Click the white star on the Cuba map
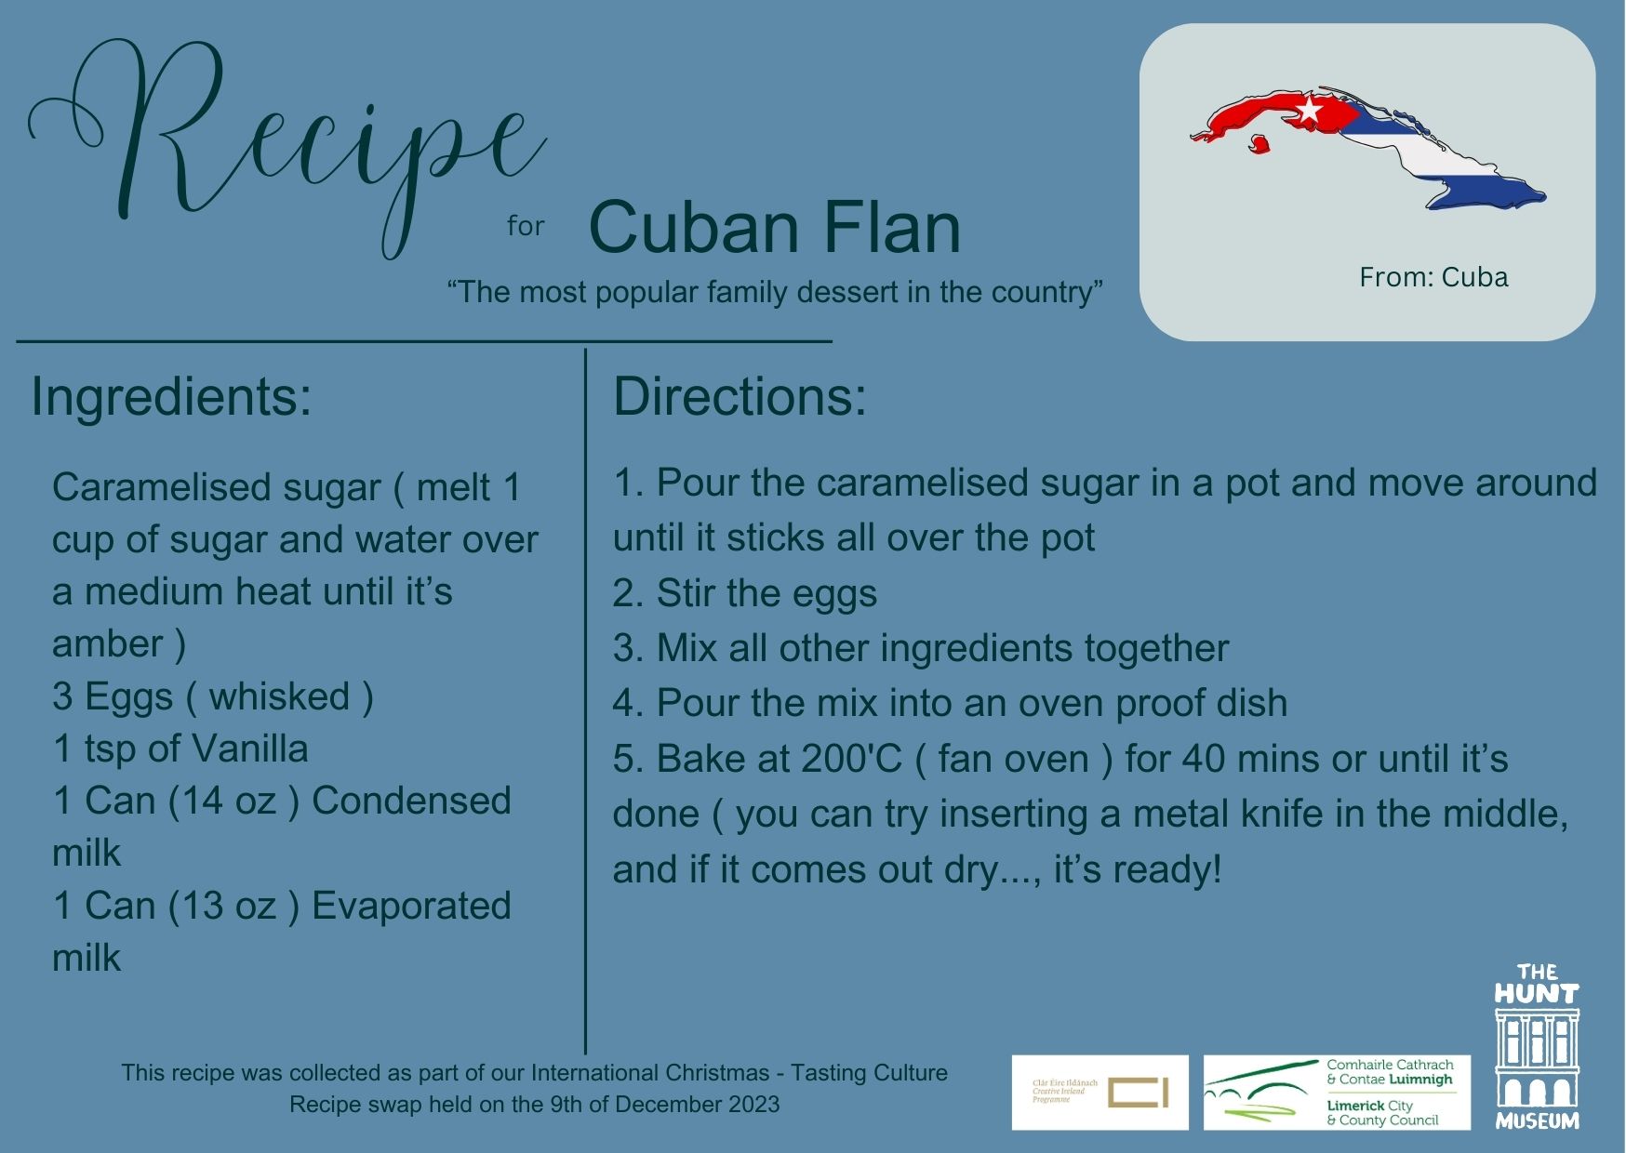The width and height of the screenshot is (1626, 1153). (1309, 111)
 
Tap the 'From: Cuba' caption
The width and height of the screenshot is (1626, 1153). (1433, 277)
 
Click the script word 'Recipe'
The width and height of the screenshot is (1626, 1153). (288, 144)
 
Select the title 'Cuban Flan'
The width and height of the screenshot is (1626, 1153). (775, 228)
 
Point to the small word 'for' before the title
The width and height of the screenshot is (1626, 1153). (526, 226)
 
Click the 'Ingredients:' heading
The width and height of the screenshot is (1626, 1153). (171, 397)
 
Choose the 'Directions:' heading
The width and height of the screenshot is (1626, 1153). (740, 397)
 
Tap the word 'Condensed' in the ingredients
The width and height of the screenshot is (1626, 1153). (411, 802)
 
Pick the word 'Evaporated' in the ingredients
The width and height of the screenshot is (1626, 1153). (411, 907)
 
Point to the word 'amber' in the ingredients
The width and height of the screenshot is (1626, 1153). (108, 644)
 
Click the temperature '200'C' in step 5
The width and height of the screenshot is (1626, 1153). (851, 760)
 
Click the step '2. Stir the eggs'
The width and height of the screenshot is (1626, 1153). (744, 594)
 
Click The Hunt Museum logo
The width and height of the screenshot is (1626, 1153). (1537, 1046)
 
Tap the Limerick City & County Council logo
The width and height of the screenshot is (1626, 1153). (1337, 1093)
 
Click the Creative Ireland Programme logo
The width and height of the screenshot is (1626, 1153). (1100, 1093)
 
